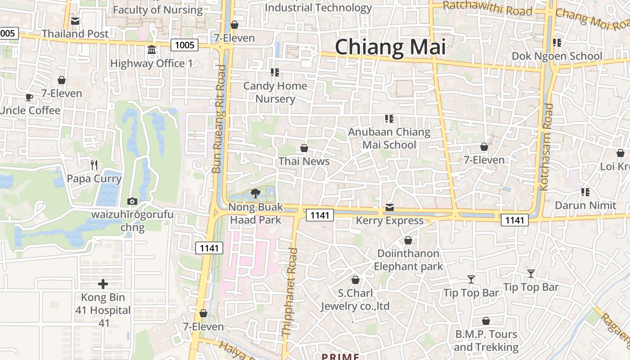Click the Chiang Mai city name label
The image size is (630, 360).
pyautogui.click(x=390, y=47)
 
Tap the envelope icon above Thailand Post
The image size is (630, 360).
pyautogui.click(x=75, y=21)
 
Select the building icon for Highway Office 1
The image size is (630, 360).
pyautogui.click(x=152, y=49)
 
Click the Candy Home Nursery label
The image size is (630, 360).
pyautogui.click(x=275, y=92)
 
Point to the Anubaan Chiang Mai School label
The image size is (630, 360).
pyautogui.click(x=389, y=138)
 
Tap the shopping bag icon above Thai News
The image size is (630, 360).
pyautogui.click(x=304, y=148)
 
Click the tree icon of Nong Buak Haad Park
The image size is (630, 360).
pyautogui.click(x=256, y=193)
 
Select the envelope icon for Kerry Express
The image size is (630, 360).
pyautogui.click(x=389, y=207)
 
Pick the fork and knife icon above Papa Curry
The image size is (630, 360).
pyautogui.click(x=94, y=165)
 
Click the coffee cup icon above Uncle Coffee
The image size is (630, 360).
pyautogui.click(x=29, y=97)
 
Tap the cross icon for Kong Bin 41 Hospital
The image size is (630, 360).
pyautogui.click(x=103, y=284)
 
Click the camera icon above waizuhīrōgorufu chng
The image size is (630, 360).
pyautogui.click(x=132, y=201)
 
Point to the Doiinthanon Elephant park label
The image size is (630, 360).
pyautogui.click(x=408, y=260)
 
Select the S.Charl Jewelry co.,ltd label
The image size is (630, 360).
pyautogui.click(x=355, y=300)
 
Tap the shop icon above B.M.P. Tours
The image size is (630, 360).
pyautogui.click(x=486, y=321)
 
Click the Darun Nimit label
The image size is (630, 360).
pyautogui.click(x=585, y=205)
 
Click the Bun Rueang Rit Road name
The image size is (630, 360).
pyautogui.click(x=219, y=119)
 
